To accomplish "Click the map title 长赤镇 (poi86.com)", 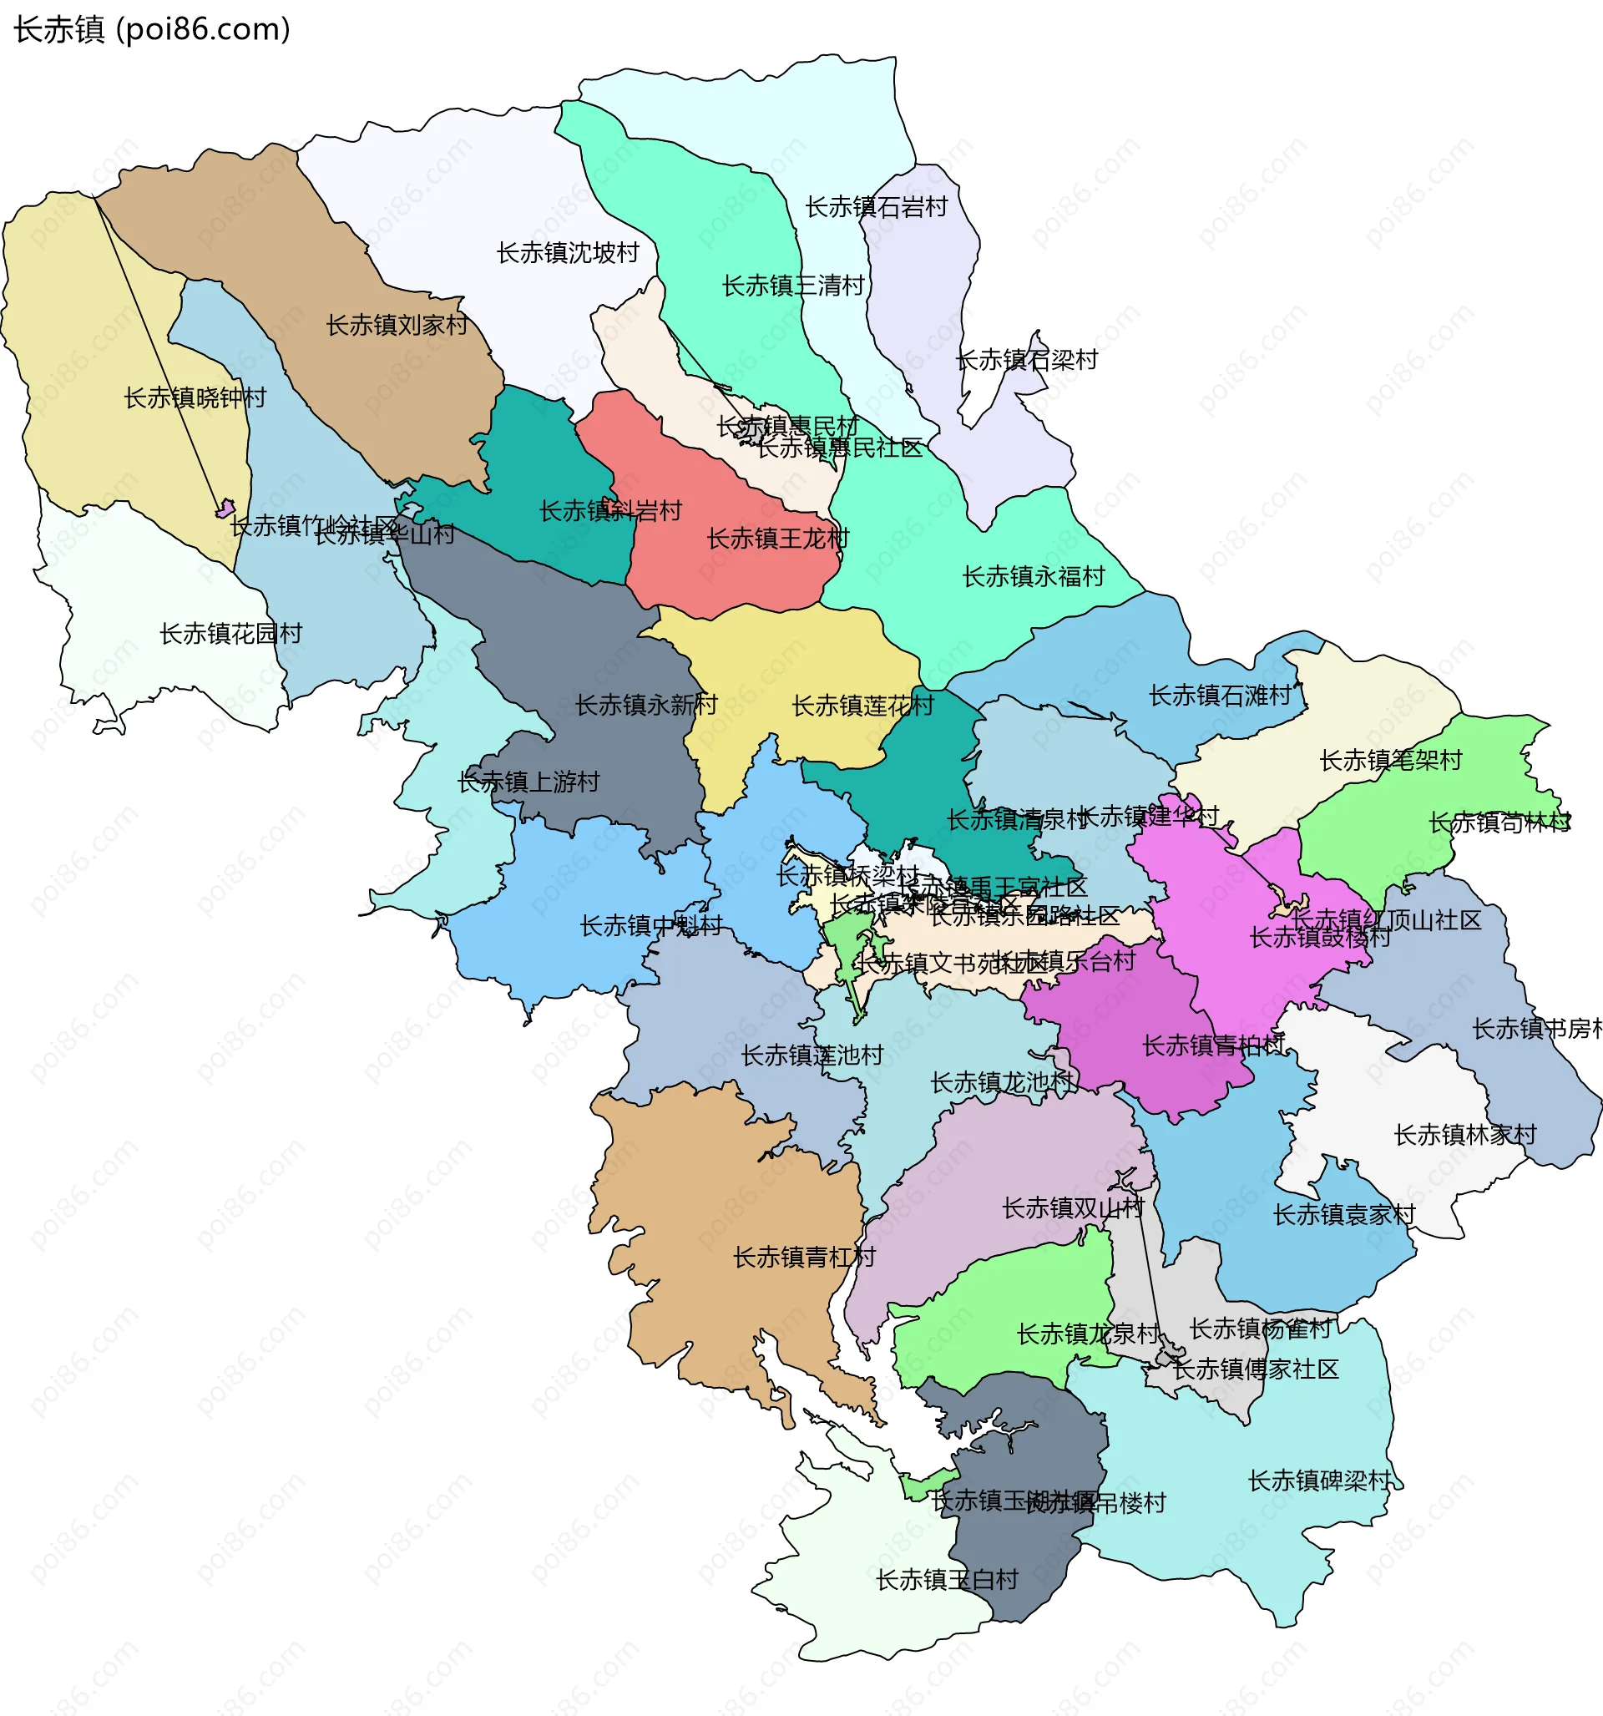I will (152, 29).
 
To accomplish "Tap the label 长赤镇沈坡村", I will (567, 253).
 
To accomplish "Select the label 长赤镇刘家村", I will (397, 326).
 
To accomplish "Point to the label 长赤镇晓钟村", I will (195, 398).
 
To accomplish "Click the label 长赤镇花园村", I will (230, 634).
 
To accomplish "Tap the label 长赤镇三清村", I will (792, 286).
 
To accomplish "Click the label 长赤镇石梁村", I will (1026, 360).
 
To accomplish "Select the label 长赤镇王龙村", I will (777, 539).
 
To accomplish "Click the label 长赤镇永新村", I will (645, 706).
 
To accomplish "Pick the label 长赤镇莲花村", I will (862, 706).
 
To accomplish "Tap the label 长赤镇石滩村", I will (1219, 696).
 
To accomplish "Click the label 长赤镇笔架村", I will (1390, 761).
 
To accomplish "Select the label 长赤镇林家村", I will (1465, 1135).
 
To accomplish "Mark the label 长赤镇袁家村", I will (1343, 1215).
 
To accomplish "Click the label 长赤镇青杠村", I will (803, 1258).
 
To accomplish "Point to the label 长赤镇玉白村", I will (947, 1580).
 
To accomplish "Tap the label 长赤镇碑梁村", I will (1319, 1481).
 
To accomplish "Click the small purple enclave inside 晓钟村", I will (225, 509).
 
